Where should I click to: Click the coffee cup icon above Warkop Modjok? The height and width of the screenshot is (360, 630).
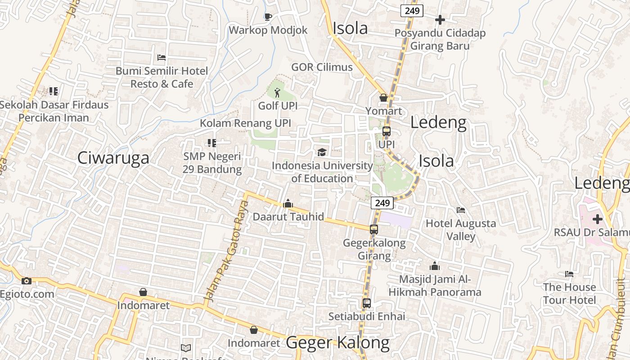coord(268,17)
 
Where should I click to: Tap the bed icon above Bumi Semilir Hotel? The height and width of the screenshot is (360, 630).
coord(162,58)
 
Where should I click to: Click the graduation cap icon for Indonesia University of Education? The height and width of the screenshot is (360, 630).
coord(322,153)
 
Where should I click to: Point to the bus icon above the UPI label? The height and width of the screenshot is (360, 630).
coord(386,131)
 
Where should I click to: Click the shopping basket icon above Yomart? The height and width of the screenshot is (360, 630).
coord(383,98)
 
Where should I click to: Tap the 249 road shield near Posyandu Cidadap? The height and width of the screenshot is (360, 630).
coord(412,11)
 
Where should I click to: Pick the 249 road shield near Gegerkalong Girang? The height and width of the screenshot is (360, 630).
coord(382,203)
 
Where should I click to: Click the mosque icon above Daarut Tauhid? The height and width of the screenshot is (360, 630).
coord(288,204)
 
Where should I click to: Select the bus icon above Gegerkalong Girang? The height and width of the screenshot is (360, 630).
coord(374,229)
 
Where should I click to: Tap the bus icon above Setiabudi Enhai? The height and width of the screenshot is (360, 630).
coord(367,303)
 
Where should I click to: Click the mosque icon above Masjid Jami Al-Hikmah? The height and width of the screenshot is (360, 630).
coord(435,266)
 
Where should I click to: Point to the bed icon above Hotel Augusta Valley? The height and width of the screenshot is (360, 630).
coord(461,210)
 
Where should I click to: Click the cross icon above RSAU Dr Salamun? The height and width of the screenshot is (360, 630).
coord(598,219)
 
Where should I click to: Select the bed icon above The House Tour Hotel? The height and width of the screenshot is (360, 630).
coord(569,274)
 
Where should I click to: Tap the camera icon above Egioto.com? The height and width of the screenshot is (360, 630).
coord(27,281)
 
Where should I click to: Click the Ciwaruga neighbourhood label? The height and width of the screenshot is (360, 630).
coord(113,158)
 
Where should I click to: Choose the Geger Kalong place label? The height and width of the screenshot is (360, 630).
coord(338,343)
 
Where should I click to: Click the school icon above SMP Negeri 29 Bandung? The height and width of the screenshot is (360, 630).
coord(211,143)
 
